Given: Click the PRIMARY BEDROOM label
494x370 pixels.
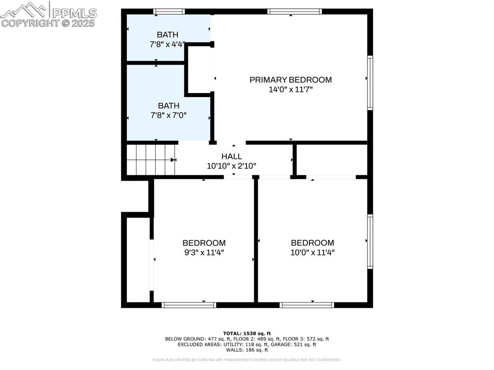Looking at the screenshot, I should pyautogui.click(x=290, y=80).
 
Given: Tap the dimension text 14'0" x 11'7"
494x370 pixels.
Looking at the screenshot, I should pyautogui.click(x=290, y=90).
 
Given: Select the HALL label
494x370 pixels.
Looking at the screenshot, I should pyautogui.click(x=232, y=156).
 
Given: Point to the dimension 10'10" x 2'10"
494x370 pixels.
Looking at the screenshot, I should pyautogui.click(x=232, y=166).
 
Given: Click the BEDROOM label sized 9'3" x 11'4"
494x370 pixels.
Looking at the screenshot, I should pyautogui.click(x=204, y=243).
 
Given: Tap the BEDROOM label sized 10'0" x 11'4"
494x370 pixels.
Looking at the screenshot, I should pyautogui.click(x=312, y=243).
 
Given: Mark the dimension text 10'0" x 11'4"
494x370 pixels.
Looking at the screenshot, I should pyautogui.click(x=312, y=252).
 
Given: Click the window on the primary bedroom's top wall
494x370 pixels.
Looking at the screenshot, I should pyautogui.click(x=294, y=12).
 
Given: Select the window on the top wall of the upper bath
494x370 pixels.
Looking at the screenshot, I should pyautogui.click(x=169, y=12).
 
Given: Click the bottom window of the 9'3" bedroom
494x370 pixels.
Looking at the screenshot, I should pyautogui.click(x=189, y=304).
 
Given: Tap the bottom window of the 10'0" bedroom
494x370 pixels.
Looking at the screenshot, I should pyautogui.click(x=307, y=304).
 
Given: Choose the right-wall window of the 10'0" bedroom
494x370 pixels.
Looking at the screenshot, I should pyautogui.click(x=370, y=241).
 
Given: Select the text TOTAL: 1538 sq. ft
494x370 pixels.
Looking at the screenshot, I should pyautogui.click(x=247, y=333).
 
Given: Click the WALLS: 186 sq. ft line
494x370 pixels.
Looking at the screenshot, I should pyautogui.click(x=247, y=350).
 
